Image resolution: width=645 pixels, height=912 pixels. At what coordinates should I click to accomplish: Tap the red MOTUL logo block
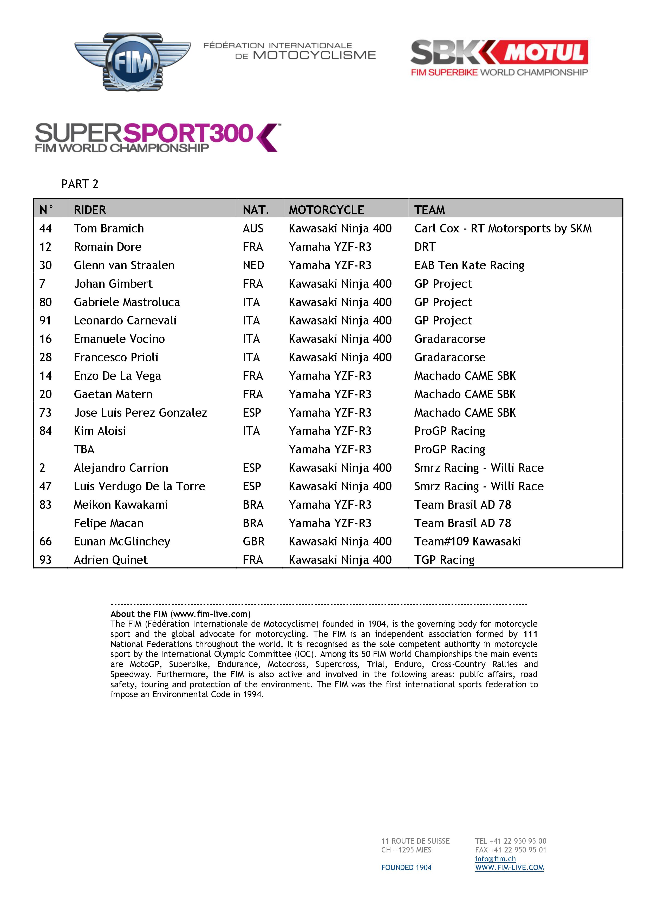click(x=544, y=52)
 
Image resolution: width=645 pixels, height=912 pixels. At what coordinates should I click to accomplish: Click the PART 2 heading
click(x=80, y=184)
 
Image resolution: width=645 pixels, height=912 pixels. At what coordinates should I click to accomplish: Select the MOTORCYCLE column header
click(x=326, y=210)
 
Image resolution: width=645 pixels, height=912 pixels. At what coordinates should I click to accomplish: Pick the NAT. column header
click(x=256, y=210)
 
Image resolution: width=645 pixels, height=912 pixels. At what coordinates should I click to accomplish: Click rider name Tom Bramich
click(x=109, y=229)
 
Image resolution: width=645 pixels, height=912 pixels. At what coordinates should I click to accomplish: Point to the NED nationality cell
click(x=253, y=265)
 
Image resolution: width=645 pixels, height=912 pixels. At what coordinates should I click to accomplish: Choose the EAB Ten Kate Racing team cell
click(x=469, y=265)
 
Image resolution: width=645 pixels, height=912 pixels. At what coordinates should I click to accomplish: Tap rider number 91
click(x=46, y=321)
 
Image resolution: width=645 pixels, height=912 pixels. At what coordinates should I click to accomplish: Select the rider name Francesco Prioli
click(x=116, y=357)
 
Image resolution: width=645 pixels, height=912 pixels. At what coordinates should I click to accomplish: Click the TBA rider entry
click(x=84, y=450)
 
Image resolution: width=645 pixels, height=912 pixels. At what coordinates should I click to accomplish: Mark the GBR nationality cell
click(x=253, y=541)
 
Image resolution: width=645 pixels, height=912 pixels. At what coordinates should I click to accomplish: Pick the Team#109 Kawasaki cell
click(x=467, y=541)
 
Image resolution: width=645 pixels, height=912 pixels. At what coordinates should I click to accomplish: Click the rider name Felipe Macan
click(x=108, y=523)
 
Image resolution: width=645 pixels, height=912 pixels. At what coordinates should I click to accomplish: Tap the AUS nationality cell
click(x=253, y=229)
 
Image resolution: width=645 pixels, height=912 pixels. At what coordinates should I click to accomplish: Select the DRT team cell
click(x=425, y=247)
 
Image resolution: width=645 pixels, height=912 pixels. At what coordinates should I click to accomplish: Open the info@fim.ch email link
click(x=495, y=859)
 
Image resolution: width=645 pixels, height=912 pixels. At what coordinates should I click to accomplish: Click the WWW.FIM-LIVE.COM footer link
click(x=510, y=868)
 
